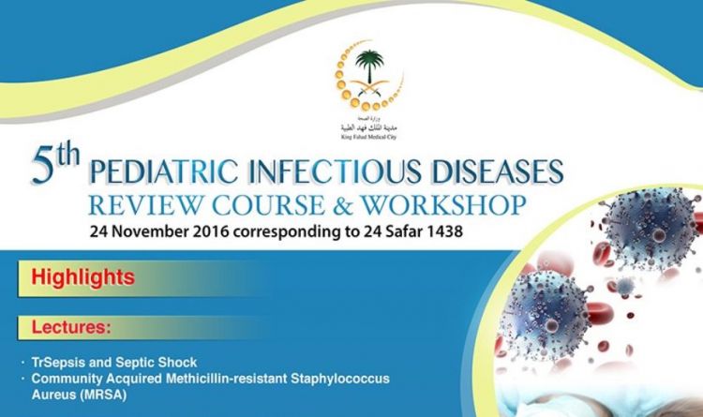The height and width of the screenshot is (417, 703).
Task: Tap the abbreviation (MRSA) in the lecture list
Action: pyautogui.click(x=106, y=393)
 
